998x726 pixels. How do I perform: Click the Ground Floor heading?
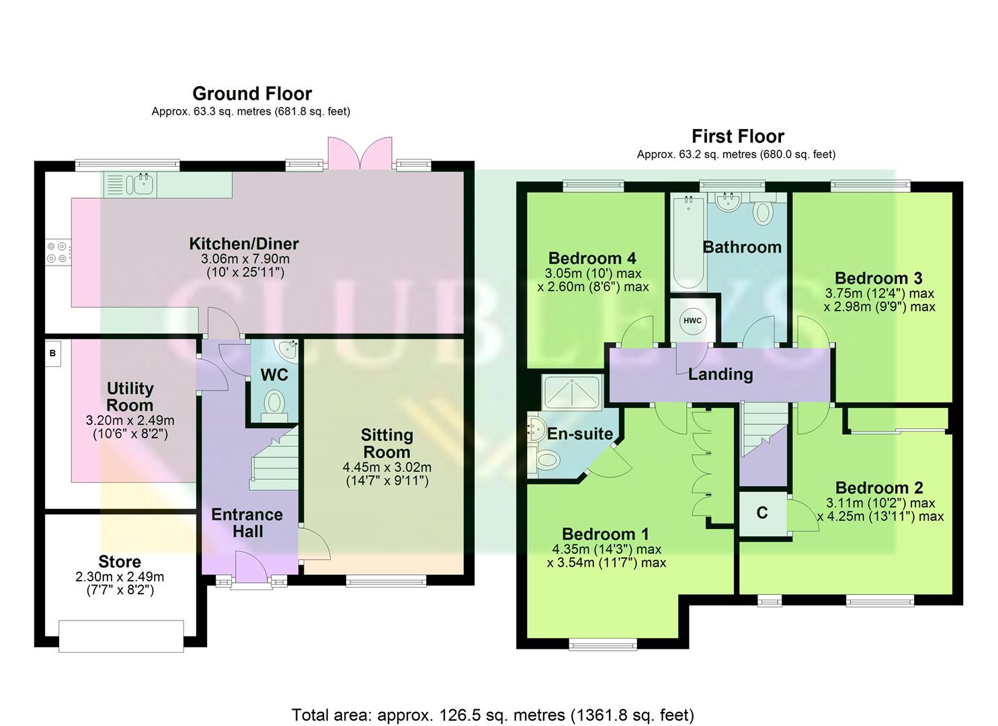(x=252, y=93)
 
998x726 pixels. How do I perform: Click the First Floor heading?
(x=738, y=136)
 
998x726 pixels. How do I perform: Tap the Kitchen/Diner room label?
(x=243, y=244)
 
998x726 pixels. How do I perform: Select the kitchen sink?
(x=142, y=184)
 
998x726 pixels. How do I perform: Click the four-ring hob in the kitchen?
(x=56, y=252)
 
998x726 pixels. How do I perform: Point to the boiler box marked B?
(x=52, y=353)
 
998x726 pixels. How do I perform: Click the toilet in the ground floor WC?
(x=274, y=405)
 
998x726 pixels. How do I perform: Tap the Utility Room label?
(x=130, y=397)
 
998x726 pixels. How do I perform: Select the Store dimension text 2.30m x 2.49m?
(x=120, y=577)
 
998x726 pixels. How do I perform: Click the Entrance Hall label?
(x=247, y=522)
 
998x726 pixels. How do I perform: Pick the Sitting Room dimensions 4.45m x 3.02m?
(x=386, y=467)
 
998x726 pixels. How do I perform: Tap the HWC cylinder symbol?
(x=692, y=321)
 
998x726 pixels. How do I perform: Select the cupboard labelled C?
(x=762, y=513)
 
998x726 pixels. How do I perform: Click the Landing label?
(x=720, y=374)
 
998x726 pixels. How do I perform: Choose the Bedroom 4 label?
(x=592, y=258)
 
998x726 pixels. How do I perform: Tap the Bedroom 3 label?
(x=878, y=278)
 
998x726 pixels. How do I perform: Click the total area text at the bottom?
(x=493, y=715)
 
